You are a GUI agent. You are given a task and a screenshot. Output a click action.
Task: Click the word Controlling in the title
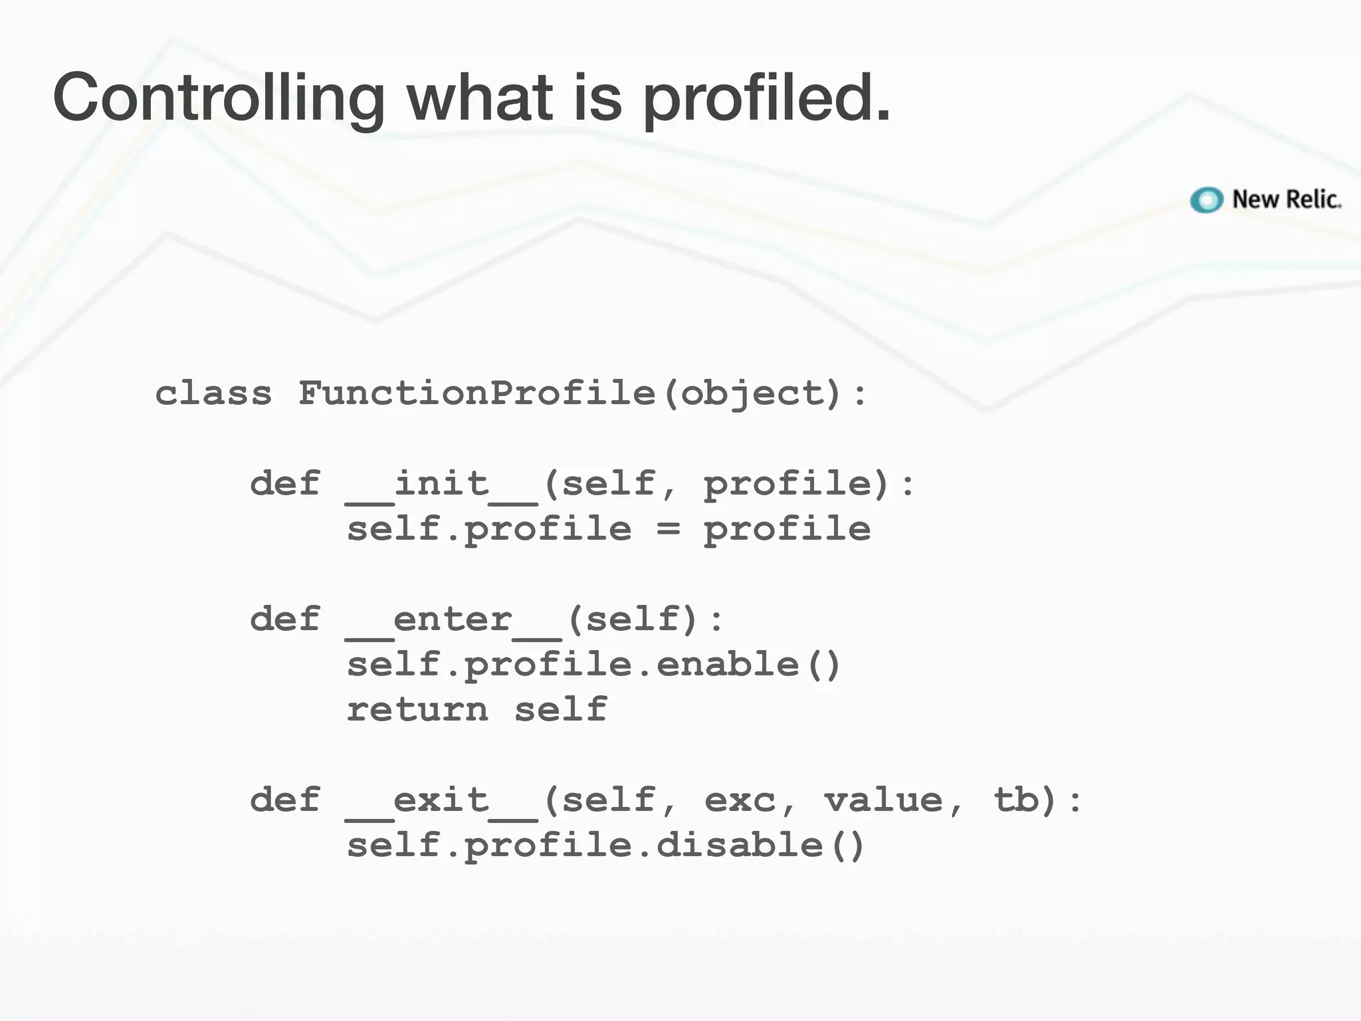pyautogui.click(x=218, y=98)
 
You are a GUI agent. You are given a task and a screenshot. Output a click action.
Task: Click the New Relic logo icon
pyautogui.click(x=1206, y=199)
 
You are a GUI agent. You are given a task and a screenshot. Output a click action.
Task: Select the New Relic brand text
pyautogui.click(x=1287, y=199)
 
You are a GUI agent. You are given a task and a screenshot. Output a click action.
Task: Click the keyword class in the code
pyautogui.click(x=213, y=393)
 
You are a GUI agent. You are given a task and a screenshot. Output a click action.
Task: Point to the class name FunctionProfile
pyautogui.click(x=477, y=393)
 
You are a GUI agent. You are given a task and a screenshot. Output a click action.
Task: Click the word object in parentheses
pyautogui.click(x=753, y=393)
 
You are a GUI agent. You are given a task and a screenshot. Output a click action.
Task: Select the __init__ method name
pyautogui.click(x=441, y=484)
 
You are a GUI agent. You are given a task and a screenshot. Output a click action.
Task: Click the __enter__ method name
pyautogui.click(x=453, y=620)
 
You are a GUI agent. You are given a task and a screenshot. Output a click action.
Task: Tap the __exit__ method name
pyautogui.click(x=441, y=800)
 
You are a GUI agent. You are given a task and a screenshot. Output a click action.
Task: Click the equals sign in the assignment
pyautogui.click(x=668, y=529)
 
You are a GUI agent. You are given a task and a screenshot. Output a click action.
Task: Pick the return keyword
pyautogui.click(x=417, y=709)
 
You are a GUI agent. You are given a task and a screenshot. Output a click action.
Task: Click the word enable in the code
pyautogui.click(x=728, y=665)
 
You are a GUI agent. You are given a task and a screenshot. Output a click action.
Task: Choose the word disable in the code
pyautogui.click(x=739, y=846)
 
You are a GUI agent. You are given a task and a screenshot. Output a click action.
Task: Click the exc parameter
pyautogui.click(x=740, y=800)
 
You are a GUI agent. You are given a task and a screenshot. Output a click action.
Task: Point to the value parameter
pyautogui.click(x=883, y=800)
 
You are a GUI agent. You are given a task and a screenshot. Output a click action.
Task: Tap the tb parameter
pyautogui.click(x=1015, y=800)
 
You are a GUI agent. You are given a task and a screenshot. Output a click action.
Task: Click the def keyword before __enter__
pyautogui.click(x=285, y=620)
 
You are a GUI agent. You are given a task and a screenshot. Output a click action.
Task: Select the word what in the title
pyautogui.click(x=480, y=98)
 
